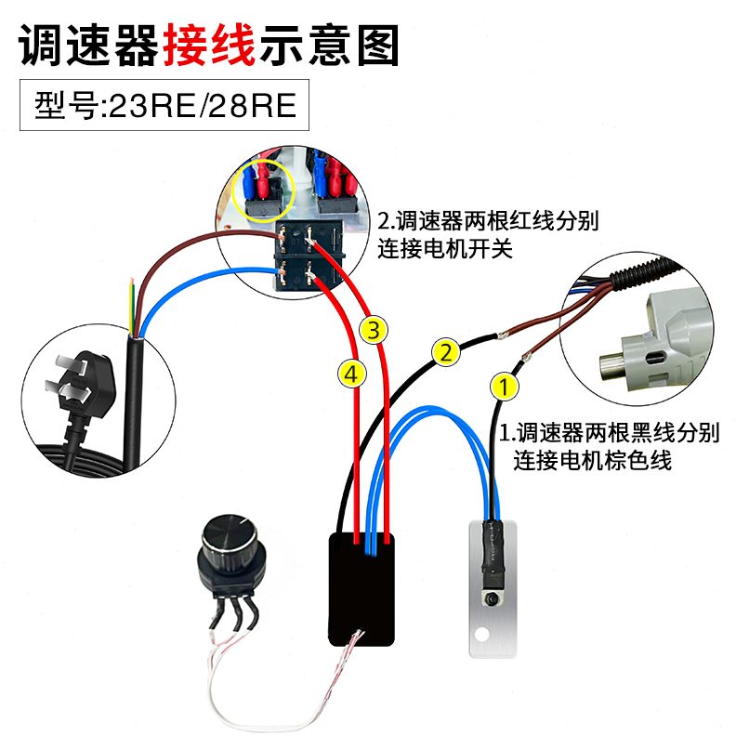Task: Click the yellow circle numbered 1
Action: tap(503, 384)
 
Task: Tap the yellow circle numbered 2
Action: tap(446, 352)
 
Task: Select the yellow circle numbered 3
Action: tap(373, 329)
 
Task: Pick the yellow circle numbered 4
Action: tap(350, 373)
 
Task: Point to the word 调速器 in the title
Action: tap(89, 43)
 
